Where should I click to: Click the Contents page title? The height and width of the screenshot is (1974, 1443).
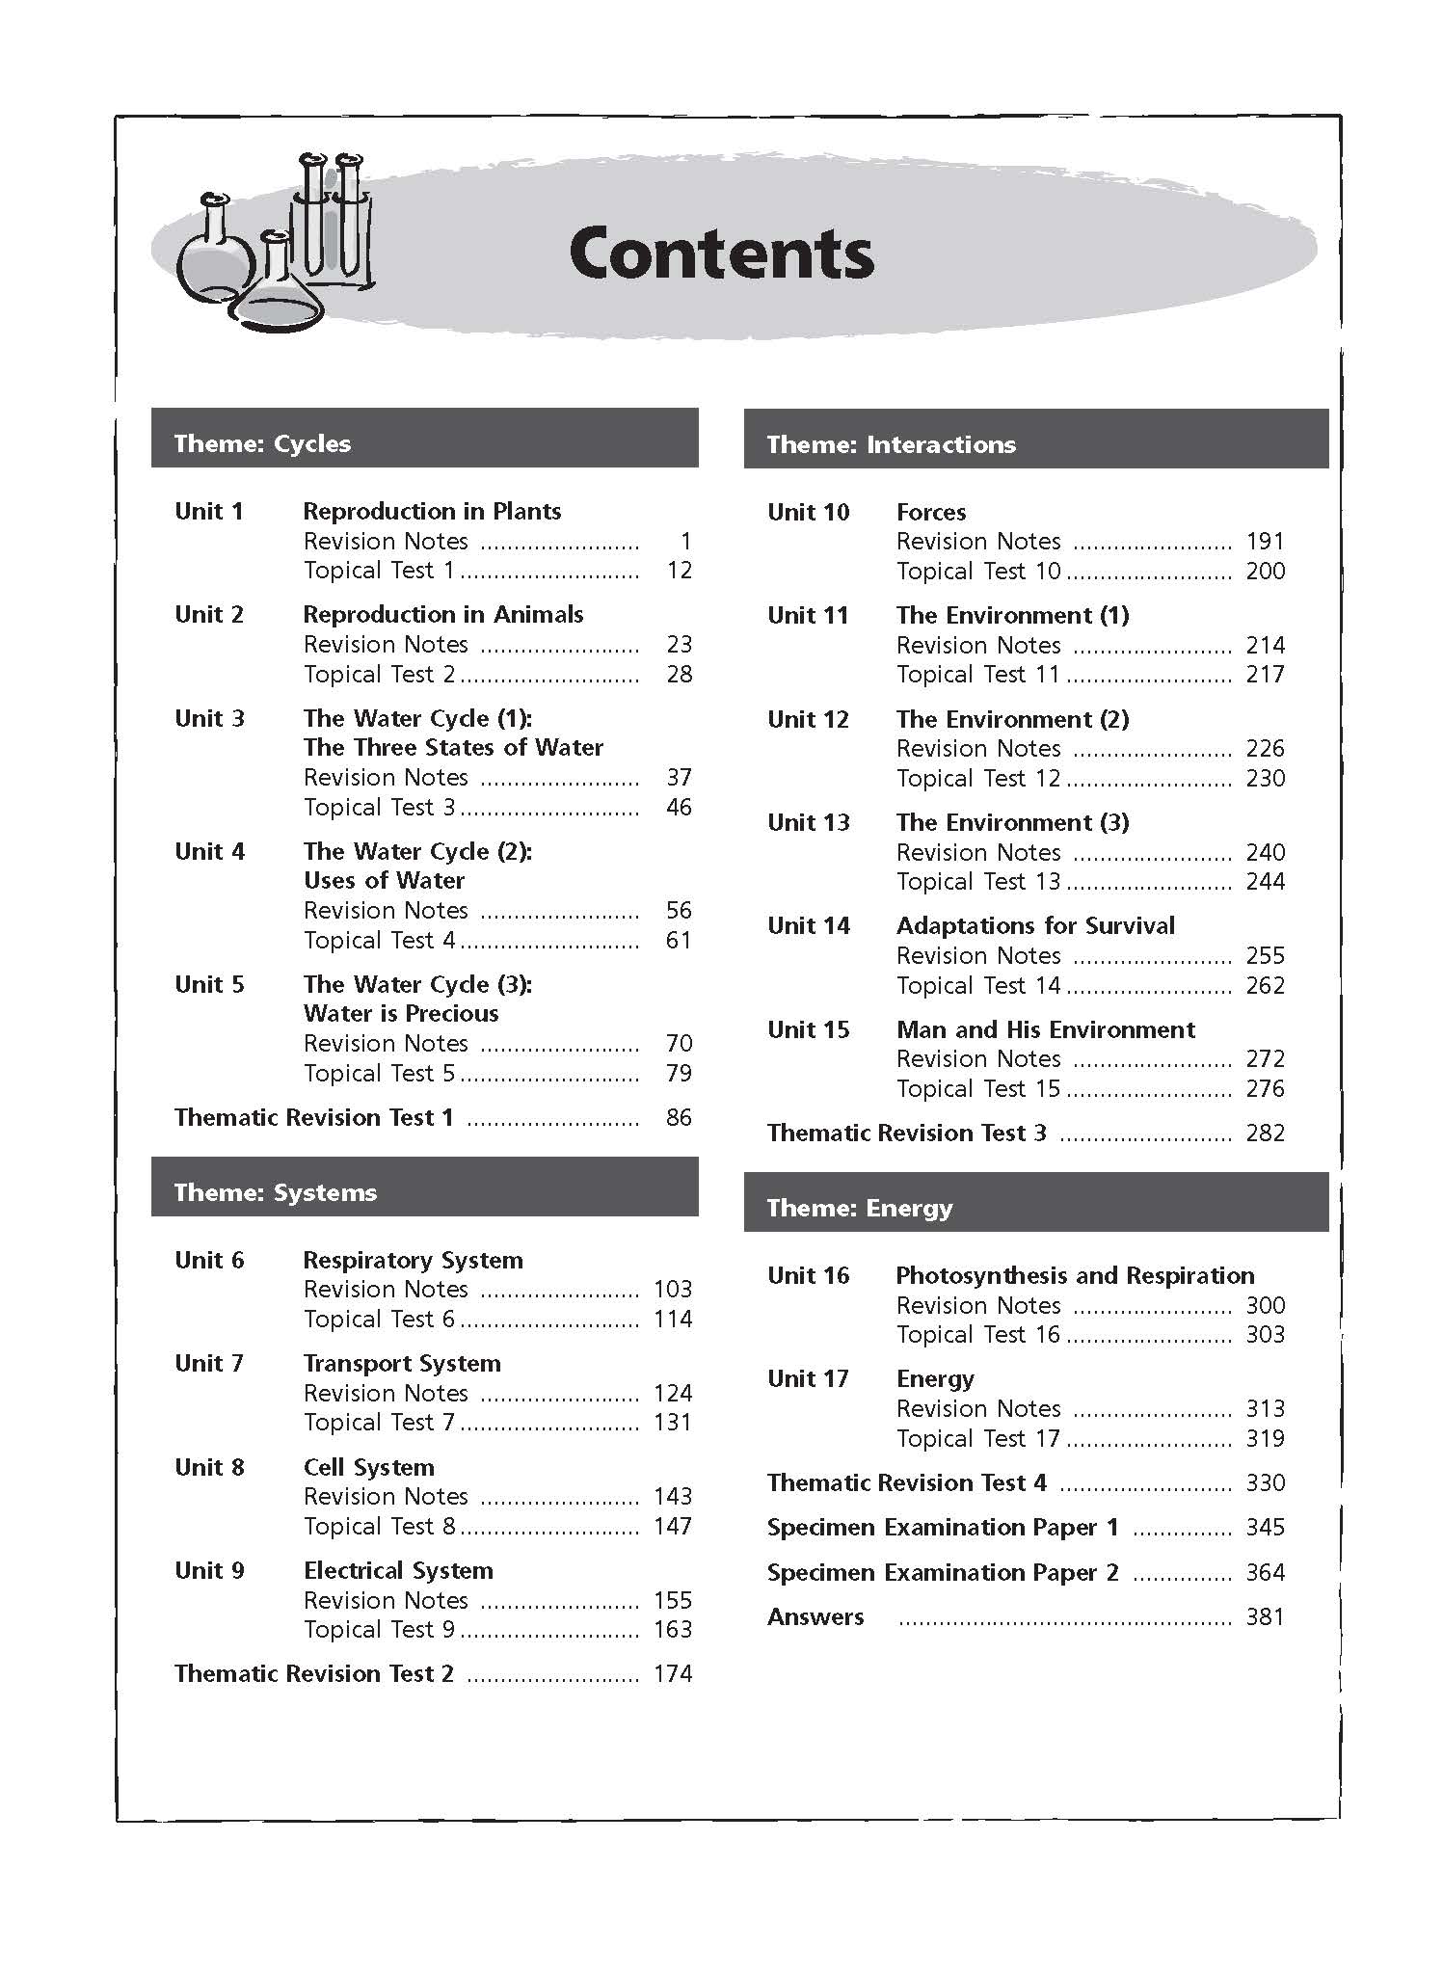point(721,253)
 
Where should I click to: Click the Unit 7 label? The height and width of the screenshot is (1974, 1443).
point(209,1363)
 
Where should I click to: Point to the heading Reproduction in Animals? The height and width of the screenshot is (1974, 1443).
point(443,614)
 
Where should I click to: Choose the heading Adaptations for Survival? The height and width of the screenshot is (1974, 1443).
point(1035,925)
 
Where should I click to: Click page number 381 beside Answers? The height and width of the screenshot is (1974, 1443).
point(1265,1616)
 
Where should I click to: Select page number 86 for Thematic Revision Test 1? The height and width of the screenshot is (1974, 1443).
point(679,1117)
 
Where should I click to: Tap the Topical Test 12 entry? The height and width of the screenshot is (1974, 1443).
point(977,778)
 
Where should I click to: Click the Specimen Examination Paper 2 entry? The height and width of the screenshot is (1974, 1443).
point(943,1572)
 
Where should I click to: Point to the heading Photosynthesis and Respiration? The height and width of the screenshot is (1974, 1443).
point(1075,1275)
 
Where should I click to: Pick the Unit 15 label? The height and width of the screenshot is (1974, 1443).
point(808,1029)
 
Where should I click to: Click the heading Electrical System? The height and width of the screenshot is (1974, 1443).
point(398,1570)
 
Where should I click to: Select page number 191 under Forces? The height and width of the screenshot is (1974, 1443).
point(1265,541)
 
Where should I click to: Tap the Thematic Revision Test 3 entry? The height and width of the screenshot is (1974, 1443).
point(906,1133)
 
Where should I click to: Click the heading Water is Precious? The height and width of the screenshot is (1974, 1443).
point(401,1013)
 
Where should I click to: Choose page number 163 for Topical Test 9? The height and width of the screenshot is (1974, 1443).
point(673,1629)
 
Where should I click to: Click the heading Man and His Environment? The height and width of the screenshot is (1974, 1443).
point(1045,1029)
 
